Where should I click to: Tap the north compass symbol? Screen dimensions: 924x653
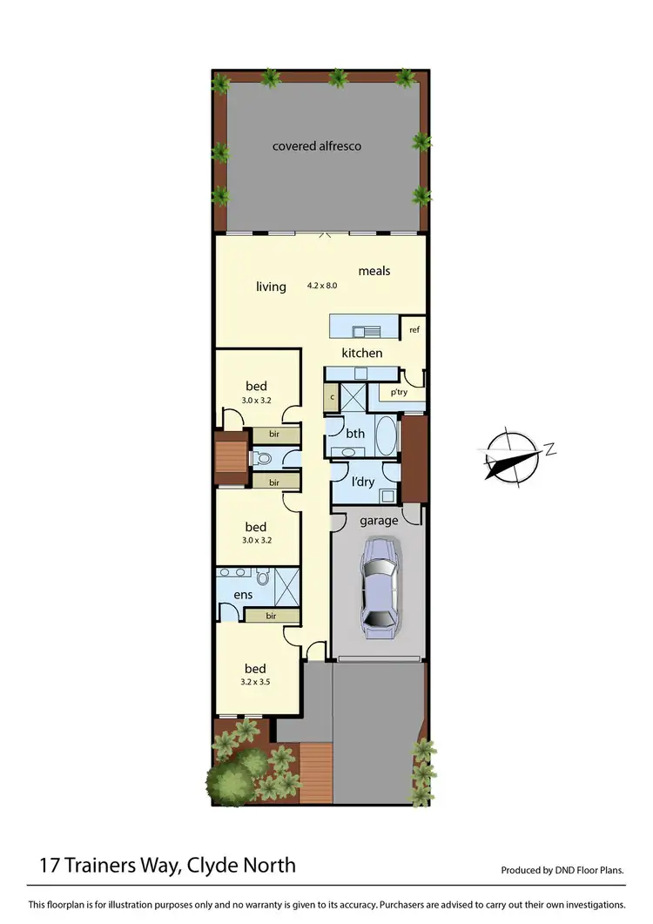pos(513,455)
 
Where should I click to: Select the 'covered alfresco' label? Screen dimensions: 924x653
pos(317,145)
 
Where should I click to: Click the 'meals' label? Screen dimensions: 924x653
pos(374,271)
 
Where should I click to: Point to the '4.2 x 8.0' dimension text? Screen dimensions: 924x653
pos(322,285)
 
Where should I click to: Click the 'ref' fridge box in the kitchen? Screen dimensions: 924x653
pos(414,330)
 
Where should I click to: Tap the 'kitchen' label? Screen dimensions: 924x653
pos(361,353)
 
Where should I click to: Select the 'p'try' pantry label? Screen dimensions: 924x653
pos(399,392)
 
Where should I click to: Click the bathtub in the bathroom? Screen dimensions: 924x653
pos(386,435)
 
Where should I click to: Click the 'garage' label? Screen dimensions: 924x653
pos(379,521)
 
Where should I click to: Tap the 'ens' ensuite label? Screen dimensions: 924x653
pos(243,595)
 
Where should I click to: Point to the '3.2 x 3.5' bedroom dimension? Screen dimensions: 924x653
pos(255,683)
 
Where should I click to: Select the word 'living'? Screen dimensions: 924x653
pos(271,287)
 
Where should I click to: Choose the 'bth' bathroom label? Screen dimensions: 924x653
pos(355,433)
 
